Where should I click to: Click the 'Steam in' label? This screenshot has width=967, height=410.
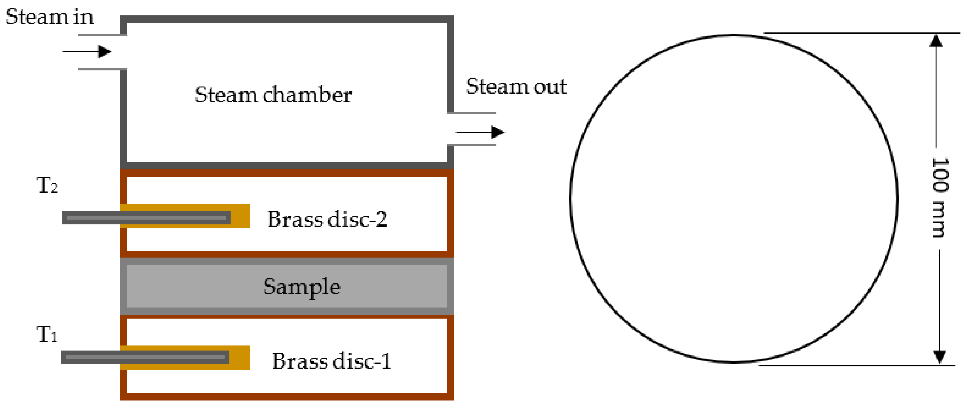(49, 17)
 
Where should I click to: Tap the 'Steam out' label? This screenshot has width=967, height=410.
(516, 87)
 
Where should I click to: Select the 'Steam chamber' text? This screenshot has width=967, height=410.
(273, 95)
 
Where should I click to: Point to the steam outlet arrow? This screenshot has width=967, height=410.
(480, 132)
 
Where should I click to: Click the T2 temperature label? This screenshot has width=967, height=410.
(47, 186)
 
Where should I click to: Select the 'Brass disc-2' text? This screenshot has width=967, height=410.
(327, 219)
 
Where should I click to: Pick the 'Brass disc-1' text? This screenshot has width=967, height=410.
(331, 361)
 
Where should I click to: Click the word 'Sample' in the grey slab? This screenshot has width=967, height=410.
(301, 287)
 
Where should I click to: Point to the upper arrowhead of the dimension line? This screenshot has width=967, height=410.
(936, 41)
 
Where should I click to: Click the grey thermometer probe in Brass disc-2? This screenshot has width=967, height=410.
(147, 218)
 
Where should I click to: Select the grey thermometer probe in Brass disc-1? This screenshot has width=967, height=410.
(145, 357)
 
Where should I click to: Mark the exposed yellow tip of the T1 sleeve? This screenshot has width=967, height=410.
(239, 358)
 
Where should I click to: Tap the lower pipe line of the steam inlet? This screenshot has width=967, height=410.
(102, 69)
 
